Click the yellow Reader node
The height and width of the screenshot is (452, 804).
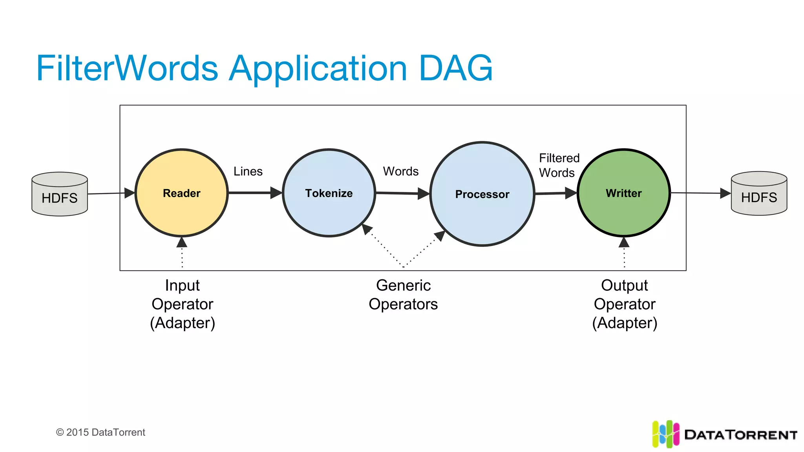[x=181, y=193]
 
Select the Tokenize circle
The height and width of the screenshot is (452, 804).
[x=329, y=193]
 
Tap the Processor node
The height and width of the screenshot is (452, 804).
[x=482, y=194]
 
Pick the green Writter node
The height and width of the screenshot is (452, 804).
[x=623, y=193]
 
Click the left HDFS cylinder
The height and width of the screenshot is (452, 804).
[x=60, y=194]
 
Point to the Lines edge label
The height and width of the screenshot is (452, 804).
[x=248, y=171]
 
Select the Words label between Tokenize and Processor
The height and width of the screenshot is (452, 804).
[x=400, y=171]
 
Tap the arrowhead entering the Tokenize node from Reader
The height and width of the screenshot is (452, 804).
[x=276, y=193]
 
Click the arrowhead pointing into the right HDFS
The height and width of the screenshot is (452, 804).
[x=725, y=193]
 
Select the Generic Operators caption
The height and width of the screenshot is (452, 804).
[x=403, y=295]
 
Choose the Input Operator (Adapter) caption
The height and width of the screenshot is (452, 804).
[x=182, y=304]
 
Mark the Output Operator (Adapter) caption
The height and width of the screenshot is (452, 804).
[x=624, y=304]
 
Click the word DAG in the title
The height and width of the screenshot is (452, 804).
[x=455, y=68]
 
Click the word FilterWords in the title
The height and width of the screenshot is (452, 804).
[x=127, y=68]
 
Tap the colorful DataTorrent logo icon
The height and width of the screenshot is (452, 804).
[x=665, y=434]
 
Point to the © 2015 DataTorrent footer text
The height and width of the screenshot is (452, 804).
[x=100, y=432]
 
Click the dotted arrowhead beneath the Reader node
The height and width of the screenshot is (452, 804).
[x=182, y=242]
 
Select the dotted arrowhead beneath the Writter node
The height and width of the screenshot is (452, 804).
[x=624, y=242]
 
